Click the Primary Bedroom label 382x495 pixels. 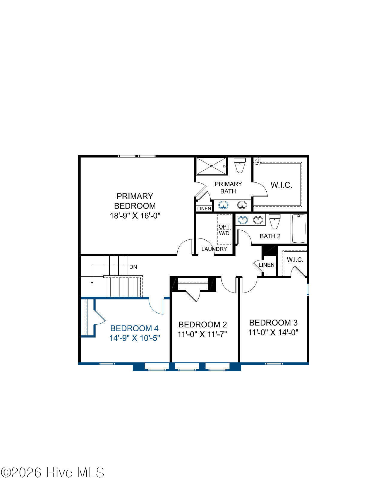click(x=135, y=201)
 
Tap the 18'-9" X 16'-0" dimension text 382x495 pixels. click(x=135, y=215)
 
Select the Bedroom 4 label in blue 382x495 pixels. click(x=134, y=328)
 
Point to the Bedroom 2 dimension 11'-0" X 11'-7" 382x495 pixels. click(x=202, y=334)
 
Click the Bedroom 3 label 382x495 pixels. click(x=273, y=322)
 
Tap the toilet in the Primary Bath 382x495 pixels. click(x=240, y=165)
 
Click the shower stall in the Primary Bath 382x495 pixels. click(x=211, y=166)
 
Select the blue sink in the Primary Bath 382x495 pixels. click(x=223, y=205)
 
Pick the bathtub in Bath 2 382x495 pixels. click(x=298, y=229)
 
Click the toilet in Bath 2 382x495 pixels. click(x=275, y=221)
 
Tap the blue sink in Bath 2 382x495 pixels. click(x=243, y=220)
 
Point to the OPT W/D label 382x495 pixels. click(x=224, y=230)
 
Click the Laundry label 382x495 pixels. click(x=214, y=249)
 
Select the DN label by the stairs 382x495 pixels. click(x=133, y=267)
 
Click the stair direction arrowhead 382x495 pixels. click(x=92, y=283)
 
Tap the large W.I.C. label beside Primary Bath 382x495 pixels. click(x=281, y=185)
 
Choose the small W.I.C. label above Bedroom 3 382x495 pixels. click(x=295, y=259)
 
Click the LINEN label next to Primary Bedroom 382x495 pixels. click(x=204, y=208)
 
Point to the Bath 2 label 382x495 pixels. click(x=270, y=236)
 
